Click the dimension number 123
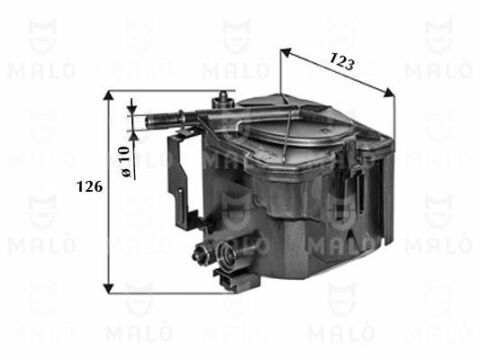(x=341, y=62)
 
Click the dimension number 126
(x=90, y=187)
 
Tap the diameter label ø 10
(x=125, y=161)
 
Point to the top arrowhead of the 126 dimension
(x=109, y=96)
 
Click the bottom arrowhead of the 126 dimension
(x=109, y=288)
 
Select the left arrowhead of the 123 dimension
(x=286, y=52)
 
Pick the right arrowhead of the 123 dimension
(x=389, y=93)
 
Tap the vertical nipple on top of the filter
(x=223, y=100)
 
